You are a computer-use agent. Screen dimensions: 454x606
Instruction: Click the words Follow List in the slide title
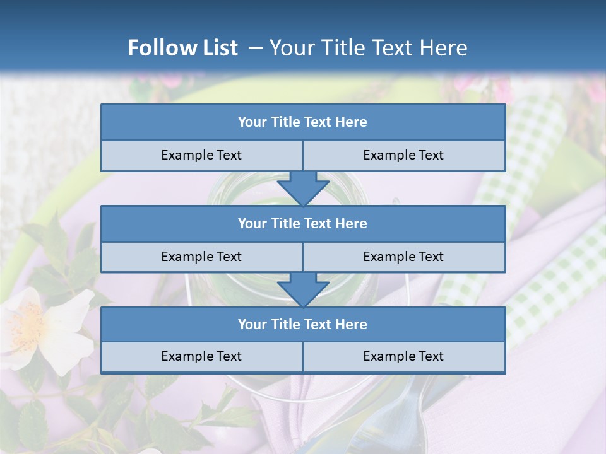tap(183, 48)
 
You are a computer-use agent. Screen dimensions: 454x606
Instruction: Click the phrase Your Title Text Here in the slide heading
tap(368, 48)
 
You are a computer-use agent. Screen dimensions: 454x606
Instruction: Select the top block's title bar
tap(303, 122)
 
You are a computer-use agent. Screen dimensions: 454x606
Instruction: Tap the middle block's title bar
tap(303, 223)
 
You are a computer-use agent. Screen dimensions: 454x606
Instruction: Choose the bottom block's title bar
tap(303, 324)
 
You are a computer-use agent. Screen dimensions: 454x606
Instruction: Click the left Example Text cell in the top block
tap(202, 155)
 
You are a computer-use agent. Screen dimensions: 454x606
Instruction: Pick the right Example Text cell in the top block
tap(404, 155)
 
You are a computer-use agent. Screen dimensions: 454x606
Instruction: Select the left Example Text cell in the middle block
tap(202, 257)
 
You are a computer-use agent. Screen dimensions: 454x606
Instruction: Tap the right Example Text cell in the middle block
tap(404, 257)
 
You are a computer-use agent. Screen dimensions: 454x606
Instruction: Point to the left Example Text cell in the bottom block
tap(202, 356)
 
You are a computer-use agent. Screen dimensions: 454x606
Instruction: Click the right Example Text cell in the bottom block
tap(404, 356)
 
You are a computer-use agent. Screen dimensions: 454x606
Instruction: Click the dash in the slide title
tap(256, 48)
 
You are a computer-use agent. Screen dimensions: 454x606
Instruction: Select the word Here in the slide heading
tap(444, 48)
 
